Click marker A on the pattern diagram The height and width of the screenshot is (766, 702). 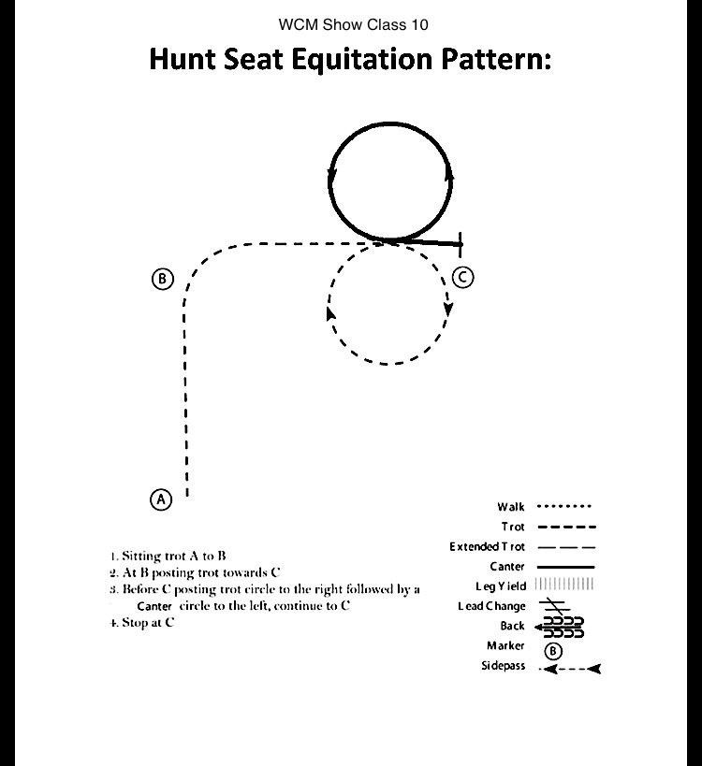point(161,499)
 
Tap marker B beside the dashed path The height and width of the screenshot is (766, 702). point(162,279)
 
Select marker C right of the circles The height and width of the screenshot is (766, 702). point(462,277)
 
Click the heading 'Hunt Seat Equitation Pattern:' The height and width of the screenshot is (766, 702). point(350,60)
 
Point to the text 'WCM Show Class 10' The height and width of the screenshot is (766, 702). point(353,24)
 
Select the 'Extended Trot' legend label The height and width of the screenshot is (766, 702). point(487,546)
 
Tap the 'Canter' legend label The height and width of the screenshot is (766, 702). point(507,566)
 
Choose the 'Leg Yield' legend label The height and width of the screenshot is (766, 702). point(501,585)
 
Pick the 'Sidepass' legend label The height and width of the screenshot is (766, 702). point(505,667)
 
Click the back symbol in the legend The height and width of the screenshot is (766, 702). point(559,627)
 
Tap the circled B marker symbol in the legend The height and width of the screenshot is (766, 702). point(553,649)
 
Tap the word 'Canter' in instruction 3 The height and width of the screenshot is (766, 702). point(154,606)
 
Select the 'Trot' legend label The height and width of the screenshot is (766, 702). point(513,527)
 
